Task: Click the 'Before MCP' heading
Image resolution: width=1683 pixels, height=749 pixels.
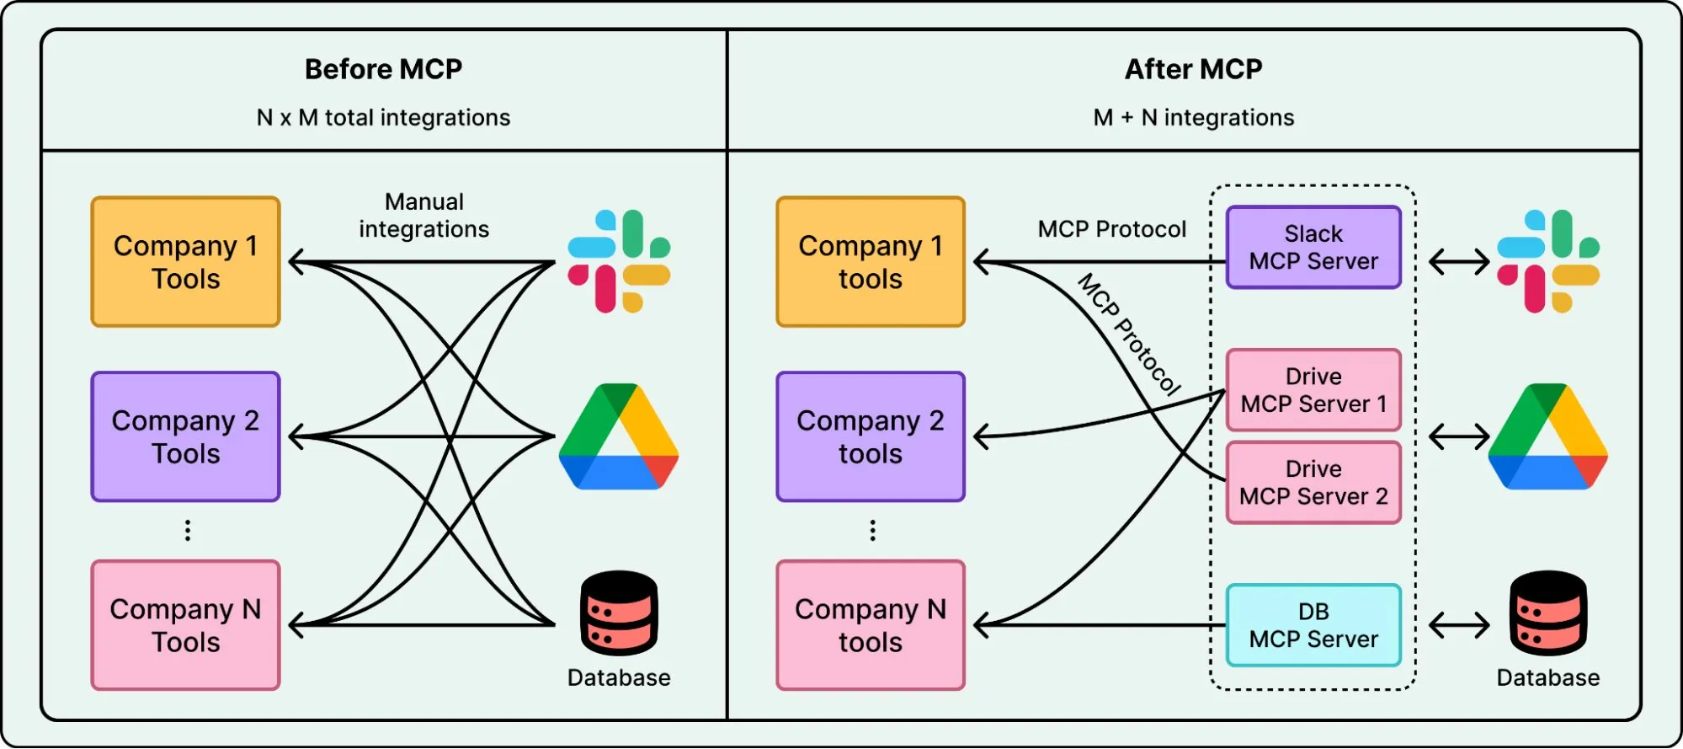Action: (x=383, y=69)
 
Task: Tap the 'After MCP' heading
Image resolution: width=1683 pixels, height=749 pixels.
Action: (x=1193, y=69)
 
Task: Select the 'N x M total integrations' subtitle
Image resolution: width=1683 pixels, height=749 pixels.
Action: (x=383, y=117)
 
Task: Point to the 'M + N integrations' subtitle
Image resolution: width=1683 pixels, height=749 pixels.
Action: (x=1193, y=117)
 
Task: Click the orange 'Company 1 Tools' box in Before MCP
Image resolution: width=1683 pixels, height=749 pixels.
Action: (x=185, y=262)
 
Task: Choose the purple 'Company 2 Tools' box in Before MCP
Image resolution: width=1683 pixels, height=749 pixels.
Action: (x=185, y=436)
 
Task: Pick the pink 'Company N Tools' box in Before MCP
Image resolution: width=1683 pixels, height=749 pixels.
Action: (x=185, y=625)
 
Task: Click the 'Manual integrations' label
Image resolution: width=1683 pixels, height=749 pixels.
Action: (x=423, y=216)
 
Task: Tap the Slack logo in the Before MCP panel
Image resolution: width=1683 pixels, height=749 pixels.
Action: (x=619, y=261)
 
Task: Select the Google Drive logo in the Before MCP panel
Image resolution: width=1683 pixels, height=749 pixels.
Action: (x=619, y=436)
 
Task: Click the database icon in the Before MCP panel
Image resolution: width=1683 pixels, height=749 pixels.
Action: (x=619, y=613)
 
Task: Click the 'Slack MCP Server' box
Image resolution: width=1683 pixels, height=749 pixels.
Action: (x=1313, y=248)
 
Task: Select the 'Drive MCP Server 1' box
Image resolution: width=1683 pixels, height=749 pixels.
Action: (x=1313, y=390)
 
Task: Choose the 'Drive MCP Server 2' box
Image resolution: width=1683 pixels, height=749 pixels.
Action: (x=1313, y=483)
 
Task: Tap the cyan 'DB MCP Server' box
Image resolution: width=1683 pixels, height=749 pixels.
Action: (x=1313, y=625)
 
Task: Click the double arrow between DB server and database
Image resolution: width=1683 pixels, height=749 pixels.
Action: (x=1459, y=625)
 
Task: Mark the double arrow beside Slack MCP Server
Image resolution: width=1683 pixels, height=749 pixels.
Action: (x=1459, y=262)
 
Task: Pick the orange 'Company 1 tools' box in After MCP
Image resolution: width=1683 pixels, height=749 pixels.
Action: (x=871, y=262)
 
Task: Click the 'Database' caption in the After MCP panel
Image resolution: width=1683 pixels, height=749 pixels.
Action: (x=1547, y=677)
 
